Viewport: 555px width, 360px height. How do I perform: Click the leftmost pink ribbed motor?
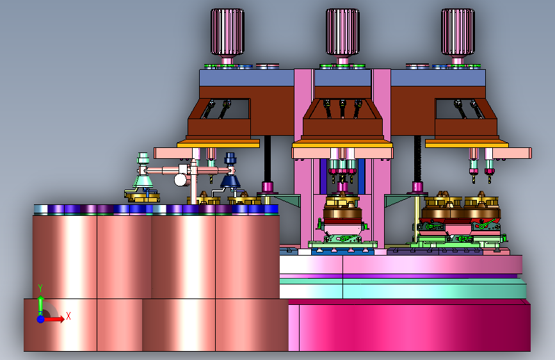coord(227,32)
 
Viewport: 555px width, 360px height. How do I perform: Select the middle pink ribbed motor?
coord(342,32)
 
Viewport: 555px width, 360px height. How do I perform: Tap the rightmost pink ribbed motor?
coord(458,32)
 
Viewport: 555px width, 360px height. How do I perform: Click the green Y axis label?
coord(40,288)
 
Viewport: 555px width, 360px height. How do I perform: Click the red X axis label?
coord(68,316)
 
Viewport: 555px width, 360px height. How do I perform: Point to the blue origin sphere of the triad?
coord(41,319)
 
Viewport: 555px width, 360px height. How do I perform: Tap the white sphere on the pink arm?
coord(181,179)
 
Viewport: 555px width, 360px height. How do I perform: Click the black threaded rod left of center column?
coord(267,159)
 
